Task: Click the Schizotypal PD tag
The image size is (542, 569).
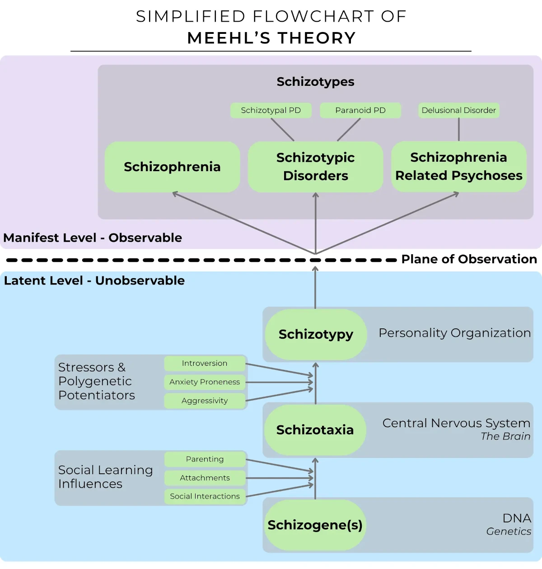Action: (x=271, y=111)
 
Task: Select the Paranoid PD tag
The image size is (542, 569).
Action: (x=360, y=111)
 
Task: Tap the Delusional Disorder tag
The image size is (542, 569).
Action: (x=458, y=111)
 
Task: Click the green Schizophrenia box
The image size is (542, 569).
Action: (x=172, y=167)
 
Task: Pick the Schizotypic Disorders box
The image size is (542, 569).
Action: (x=315, y=167)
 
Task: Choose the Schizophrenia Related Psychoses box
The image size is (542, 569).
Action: (x=458, y=167)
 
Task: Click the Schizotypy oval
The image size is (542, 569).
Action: (x=315, y=335)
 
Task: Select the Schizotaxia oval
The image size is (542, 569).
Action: (x=315, y=430)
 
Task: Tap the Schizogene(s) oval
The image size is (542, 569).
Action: (x=315, y=525)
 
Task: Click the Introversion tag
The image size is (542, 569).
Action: (x=205, y=364)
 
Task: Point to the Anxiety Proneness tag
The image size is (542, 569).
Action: (x=205, y=382)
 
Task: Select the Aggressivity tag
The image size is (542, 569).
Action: (x=205, y=401)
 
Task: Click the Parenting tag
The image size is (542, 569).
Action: (x=205, y=459)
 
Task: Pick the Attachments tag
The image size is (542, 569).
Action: (x=205, y=478)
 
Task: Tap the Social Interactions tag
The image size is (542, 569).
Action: (x=205, y=496)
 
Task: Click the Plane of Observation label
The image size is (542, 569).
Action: (x=469, y=259)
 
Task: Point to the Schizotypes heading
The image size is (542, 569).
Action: (x=315, y=82)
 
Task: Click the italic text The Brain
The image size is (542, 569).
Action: (x=505, y=437)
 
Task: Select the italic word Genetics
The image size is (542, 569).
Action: (x=508, y=532)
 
